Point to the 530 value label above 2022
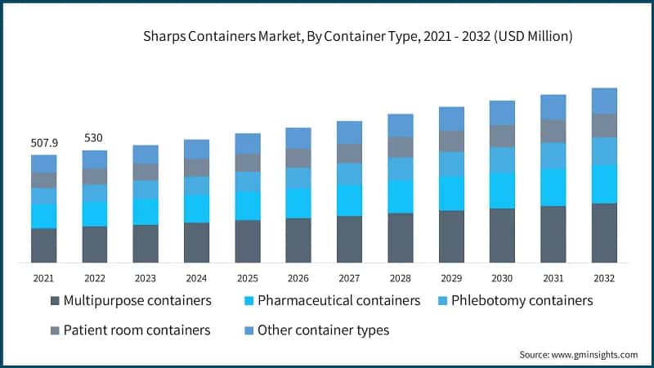[x=94, y=138]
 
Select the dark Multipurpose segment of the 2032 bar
[x=604, y=232]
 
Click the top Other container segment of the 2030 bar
[x=502, y=112]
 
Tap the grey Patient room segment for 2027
[x=349, y=153]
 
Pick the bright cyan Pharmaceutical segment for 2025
[x=248, y=205]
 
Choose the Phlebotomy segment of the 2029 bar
[x=451, y=164]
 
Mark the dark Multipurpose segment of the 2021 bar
[x=43, y=245]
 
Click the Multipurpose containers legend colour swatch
[x=55, y=301]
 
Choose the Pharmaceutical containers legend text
[x=338, y=301]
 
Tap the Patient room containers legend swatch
[x=55, y=330]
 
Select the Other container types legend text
[x=323, y=330]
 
